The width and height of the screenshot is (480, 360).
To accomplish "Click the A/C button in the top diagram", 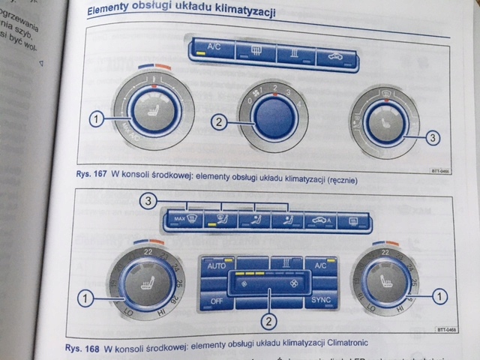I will click(x=214, y=50).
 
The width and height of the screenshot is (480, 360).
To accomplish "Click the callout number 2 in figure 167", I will click(x=218, y=121).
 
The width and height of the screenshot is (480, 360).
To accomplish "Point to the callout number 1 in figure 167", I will click(x=95, y=118).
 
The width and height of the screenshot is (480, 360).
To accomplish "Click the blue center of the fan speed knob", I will click(x=270, y=117).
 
